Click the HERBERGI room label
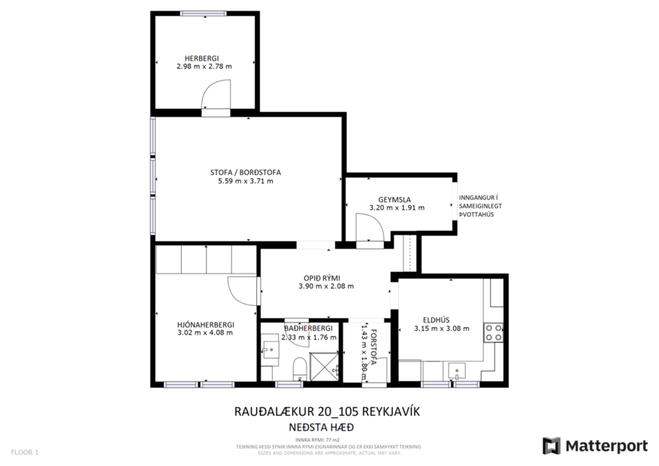point(204,57)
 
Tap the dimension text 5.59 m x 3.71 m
point(240,181)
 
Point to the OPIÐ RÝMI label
point(325,277)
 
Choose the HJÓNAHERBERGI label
point(205,324)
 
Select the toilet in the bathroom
point(299,368)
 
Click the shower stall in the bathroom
point(325,368)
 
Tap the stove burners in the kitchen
point(494,333)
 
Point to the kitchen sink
point(456,371)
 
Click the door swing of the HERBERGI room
point(217,96)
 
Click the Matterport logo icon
point(552,446)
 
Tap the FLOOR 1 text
point(24,452)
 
